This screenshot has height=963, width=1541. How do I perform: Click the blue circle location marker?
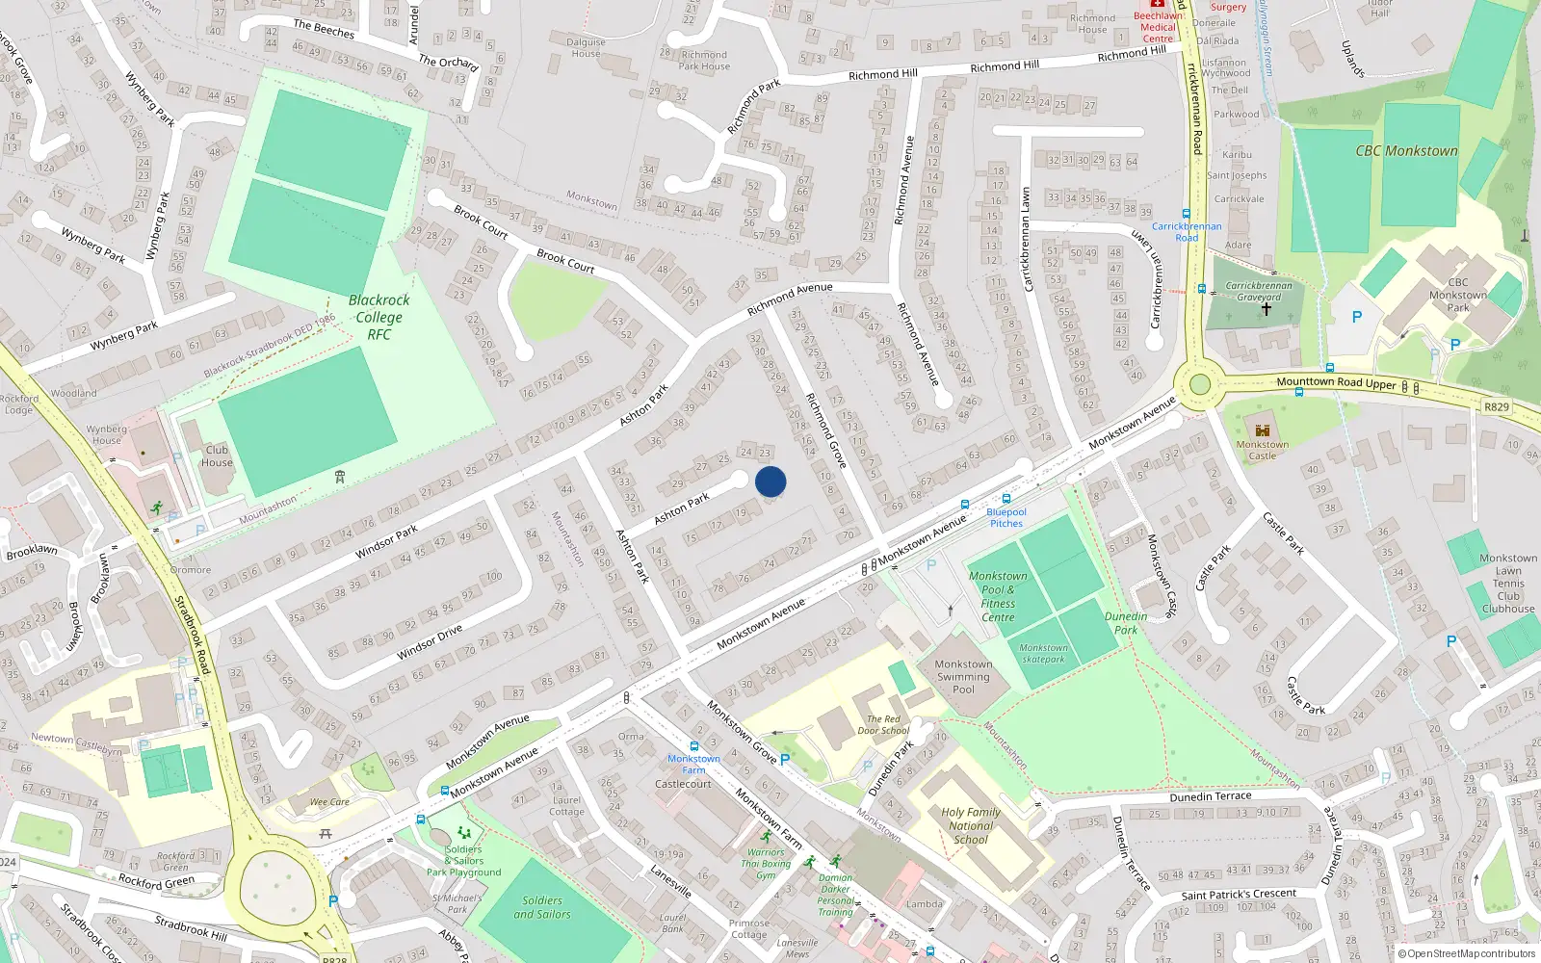click(x=770, y=481)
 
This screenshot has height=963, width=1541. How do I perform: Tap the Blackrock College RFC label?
click(x=379, y=317)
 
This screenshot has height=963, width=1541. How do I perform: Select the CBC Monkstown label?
click(x=1406, y=151)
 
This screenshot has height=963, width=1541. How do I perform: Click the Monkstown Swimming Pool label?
click(x=963, y=676)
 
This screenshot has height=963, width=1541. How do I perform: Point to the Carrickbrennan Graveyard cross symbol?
click(x=1267, y=309)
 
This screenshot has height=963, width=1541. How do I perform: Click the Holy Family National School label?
click(x=971, y=825)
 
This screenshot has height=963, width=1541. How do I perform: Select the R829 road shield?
click(x=1496, y=406)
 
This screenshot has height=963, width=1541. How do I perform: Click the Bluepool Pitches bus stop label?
click(x=1006, y=518)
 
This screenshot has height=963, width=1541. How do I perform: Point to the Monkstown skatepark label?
click(x=1043, y=654)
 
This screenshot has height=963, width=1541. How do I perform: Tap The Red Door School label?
click(x=883, y=724)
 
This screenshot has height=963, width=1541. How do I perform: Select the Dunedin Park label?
click(x=1126, y=623)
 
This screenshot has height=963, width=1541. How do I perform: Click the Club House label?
click(x=217, y=455)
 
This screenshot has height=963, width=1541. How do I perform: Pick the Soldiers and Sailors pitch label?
click(x=542, y=907)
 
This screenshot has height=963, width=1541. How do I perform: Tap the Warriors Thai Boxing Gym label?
click(x=766, y=864)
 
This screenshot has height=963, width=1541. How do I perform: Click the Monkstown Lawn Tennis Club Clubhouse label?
click(x=1508, y=583)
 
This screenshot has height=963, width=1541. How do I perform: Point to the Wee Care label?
click(x=329, y=801)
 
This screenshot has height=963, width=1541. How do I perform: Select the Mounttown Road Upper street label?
click(x=1336, y=382)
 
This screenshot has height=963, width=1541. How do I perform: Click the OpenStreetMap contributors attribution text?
click(x=1471, y=953)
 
